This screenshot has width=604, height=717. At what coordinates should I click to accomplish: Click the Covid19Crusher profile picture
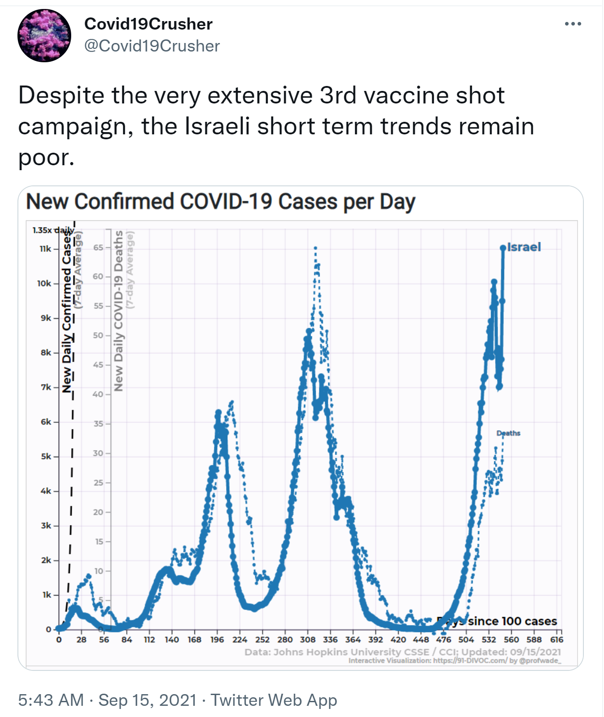click(44, 35)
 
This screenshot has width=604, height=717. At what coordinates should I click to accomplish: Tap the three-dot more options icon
click(573, 24)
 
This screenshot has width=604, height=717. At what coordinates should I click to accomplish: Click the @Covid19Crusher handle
click(152, 46)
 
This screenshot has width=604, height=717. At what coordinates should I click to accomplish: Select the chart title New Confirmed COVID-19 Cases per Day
click(221, 202)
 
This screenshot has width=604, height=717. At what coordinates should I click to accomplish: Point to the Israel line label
click(524, 247)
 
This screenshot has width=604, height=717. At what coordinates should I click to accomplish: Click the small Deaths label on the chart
click(508, 433)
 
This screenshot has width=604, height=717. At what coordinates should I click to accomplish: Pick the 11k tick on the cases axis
click(45, 249)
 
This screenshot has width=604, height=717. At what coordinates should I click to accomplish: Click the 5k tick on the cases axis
click(46, 456)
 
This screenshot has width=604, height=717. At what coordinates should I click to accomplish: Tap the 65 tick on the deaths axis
click(98, 247)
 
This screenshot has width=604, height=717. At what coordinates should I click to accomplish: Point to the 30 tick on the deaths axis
click(98, 453)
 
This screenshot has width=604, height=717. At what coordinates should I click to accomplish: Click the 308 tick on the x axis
click(308, 640)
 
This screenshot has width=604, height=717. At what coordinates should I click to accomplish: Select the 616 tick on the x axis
click(557, 640)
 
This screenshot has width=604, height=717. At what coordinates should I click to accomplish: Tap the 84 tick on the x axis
click(127, 640)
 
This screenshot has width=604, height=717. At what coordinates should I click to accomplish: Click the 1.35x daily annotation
click(53, 230)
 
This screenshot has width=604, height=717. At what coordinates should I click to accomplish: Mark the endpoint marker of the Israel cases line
click(503, 248)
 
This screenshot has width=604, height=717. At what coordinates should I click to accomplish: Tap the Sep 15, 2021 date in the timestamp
click(147, 700)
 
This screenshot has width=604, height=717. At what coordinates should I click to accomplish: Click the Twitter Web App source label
click(274, 700)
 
